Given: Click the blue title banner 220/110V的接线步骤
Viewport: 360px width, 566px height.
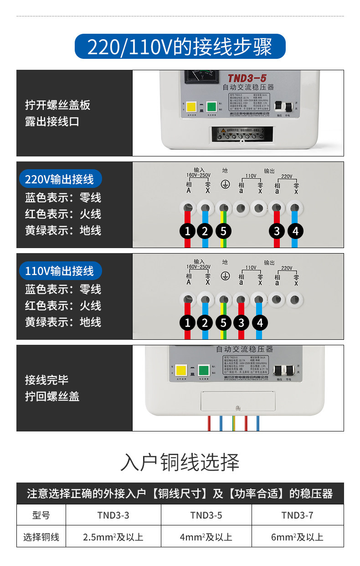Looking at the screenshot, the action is pos(180,47).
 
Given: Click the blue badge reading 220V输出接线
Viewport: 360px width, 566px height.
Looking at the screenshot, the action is pos(60,179).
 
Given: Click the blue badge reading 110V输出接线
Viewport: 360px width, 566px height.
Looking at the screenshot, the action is pos(60,271).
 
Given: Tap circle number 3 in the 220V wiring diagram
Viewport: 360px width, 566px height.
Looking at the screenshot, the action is pos(277,231).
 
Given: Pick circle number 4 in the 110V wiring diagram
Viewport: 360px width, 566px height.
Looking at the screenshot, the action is pos(259,323).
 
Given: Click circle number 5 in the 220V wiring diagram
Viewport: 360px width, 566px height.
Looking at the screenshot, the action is pos(223,231).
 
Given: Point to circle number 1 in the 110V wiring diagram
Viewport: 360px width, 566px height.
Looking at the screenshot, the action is pos(187,323).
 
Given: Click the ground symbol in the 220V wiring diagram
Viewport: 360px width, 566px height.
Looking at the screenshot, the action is pos(224,184).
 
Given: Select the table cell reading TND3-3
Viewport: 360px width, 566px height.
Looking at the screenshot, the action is pos(113,515).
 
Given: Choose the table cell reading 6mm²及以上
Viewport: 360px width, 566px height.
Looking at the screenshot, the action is pos(297,537).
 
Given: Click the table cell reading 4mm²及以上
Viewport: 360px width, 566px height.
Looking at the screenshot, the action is pos(206,537).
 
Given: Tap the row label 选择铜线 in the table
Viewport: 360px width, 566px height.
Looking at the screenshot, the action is pos(41,537).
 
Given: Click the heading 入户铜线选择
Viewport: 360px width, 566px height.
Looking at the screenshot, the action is pos(180,462).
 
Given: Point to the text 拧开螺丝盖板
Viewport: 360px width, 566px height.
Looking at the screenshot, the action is pos(57,105).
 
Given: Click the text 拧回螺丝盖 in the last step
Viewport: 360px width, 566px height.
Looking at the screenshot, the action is pos(52,396).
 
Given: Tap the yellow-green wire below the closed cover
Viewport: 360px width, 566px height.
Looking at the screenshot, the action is pos(233,423).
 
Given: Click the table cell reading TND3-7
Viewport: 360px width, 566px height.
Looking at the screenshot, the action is pos(297,515).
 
